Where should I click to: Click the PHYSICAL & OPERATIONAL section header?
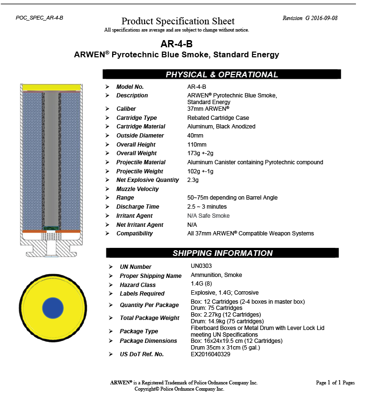tap(221, 74)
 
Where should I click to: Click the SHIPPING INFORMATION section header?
tap(222, 253)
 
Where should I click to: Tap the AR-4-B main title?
tap(176, 44)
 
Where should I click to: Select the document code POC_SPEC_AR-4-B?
tap(39, 18)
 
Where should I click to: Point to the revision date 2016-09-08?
tap(325, 18)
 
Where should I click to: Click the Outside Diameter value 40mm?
tap(195, 136)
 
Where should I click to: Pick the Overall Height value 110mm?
tap(197, 145)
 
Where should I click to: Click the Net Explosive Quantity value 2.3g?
tap(193, 180)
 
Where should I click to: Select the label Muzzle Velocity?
tap(137, 189)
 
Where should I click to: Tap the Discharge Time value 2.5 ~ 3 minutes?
tap(207, 207)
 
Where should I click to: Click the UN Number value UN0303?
tap(201, 266)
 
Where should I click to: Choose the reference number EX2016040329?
tap(210, 354)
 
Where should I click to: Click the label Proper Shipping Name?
tap(150, 276)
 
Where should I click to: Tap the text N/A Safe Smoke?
tap(208, 216)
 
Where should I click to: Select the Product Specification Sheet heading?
tap(178, 21)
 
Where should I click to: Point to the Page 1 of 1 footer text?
tap(335, 383)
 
